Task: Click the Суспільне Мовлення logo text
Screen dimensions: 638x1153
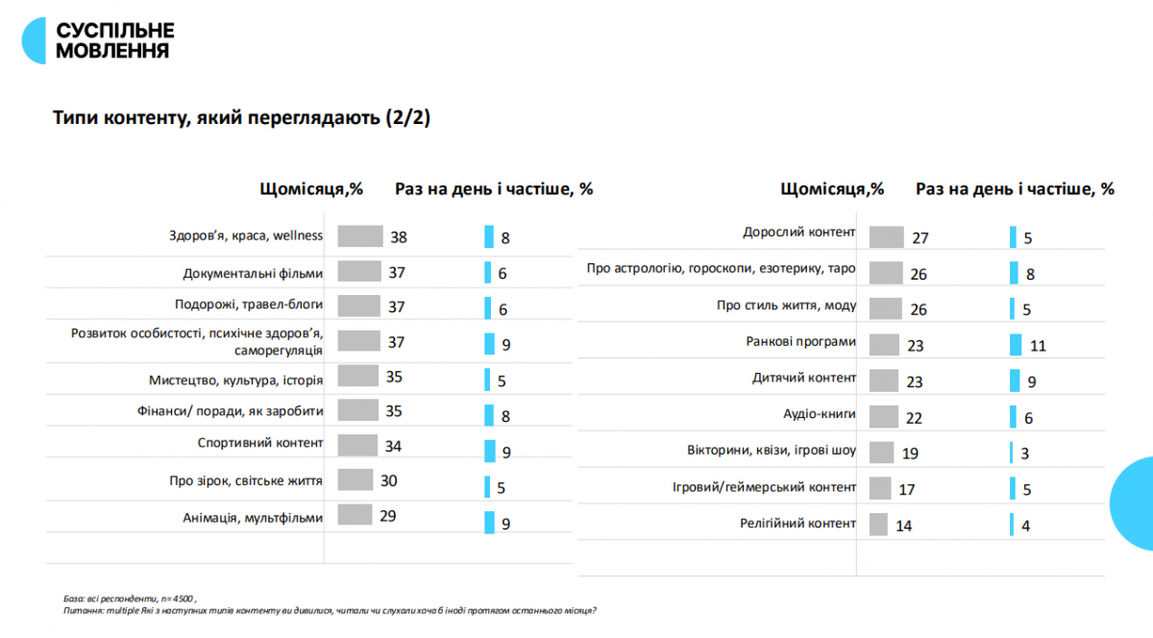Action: click(x=115, y=40)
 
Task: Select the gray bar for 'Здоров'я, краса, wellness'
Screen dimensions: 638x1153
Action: click(x=359, y=236)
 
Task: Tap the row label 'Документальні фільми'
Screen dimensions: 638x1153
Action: click(x=253, y=273)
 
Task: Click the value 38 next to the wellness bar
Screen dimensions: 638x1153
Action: click(x=399, y=236)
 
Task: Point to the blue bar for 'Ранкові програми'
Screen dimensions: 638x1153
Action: click(x=1017, y=345)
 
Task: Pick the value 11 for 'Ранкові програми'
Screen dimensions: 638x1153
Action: click(x=1037, y=345)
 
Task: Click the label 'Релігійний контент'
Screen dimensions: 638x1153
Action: click(x=797, y=524)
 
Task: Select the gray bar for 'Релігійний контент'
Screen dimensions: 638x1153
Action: click(x=877, y=525)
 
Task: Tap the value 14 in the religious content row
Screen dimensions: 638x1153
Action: click(x=905, y=526)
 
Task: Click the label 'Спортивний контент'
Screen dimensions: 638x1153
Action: click(x=258, y=444)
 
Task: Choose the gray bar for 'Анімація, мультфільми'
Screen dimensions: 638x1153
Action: click(x=356, y=516)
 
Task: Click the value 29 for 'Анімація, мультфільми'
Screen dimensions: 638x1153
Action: click(x=388, y=516)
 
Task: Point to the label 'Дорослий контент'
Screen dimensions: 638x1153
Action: click(x=798, y=233)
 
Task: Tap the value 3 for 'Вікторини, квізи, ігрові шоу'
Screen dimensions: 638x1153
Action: click(x=1027, y=453)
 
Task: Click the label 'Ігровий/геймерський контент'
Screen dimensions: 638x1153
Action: click(x=764, y=487)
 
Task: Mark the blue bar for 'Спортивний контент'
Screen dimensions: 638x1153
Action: click(x=488, y=450)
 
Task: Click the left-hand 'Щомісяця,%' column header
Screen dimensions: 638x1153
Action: click(x=310, y=189)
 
